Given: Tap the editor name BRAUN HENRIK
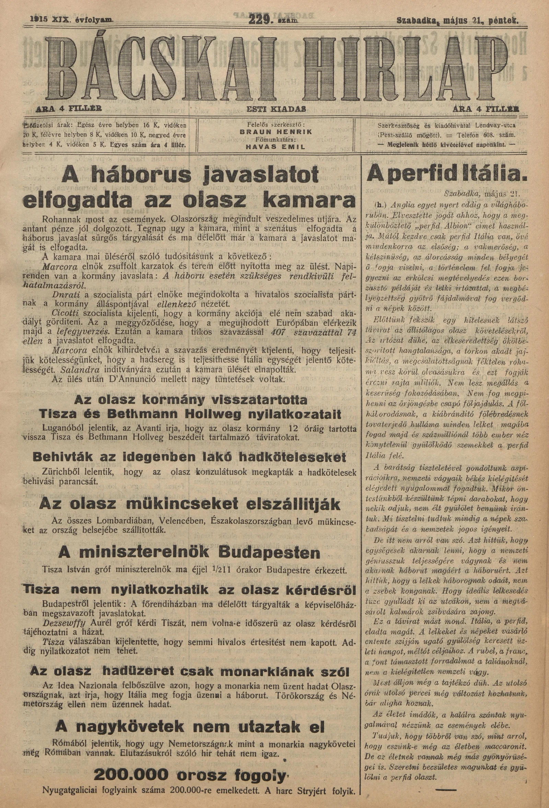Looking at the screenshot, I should click(276, 132).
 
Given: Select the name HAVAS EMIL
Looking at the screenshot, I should click(276, 147).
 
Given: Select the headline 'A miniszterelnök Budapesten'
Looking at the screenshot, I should click(189, 552).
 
